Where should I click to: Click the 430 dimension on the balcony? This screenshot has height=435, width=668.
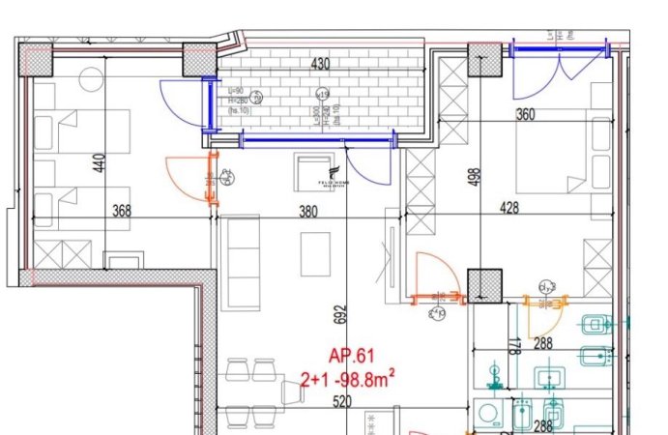(320, 65)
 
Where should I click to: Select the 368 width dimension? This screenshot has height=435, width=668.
(121, 210)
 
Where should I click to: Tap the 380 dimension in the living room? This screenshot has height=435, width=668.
(308, 211)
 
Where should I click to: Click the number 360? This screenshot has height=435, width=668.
(552, 115)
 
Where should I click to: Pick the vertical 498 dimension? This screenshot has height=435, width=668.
(475, 181)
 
